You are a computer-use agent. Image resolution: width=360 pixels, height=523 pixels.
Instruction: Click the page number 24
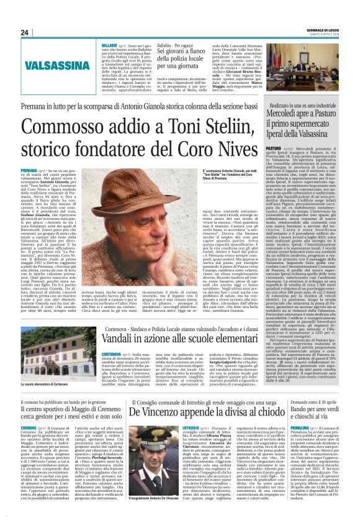pos(25,33)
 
